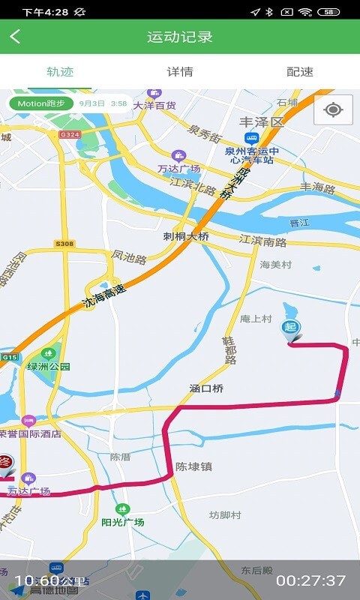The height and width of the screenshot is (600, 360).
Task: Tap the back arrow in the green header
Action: pos(16,37)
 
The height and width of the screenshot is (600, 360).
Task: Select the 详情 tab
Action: pos(180,72)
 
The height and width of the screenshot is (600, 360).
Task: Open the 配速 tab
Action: pos(300,72)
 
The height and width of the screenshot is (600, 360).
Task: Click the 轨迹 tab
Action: pos(60,72)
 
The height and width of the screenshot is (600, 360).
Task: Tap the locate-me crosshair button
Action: pos(333,110)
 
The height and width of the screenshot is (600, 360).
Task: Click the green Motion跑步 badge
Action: pos(41,103)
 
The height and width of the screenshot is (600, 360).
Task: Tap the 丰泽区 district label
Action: pos(262,121)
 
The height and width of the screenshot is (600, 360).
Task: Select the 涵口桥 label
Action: pos(206,388)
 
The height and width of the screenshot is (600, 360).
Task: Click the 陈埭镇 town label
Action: pos(193,466)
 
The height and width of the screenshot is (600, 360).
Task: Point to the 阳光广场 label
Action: pos(123,522)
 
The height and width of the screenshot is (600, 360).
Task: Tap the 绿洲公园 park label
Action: pos(49,366)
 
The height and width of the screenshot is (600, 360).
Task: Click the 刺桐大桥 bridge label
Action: pos(186,235)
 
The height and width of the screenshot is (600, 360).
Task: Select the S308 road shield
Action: pos(64,244)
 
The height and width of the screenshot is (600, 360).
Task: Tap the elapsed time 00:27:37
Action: pos(310,580)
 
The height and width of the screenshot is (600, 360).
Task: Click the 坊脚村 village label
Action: pos(225,515)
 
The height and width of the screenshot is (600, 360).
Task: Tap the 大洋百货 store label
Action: pos(154,106)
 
